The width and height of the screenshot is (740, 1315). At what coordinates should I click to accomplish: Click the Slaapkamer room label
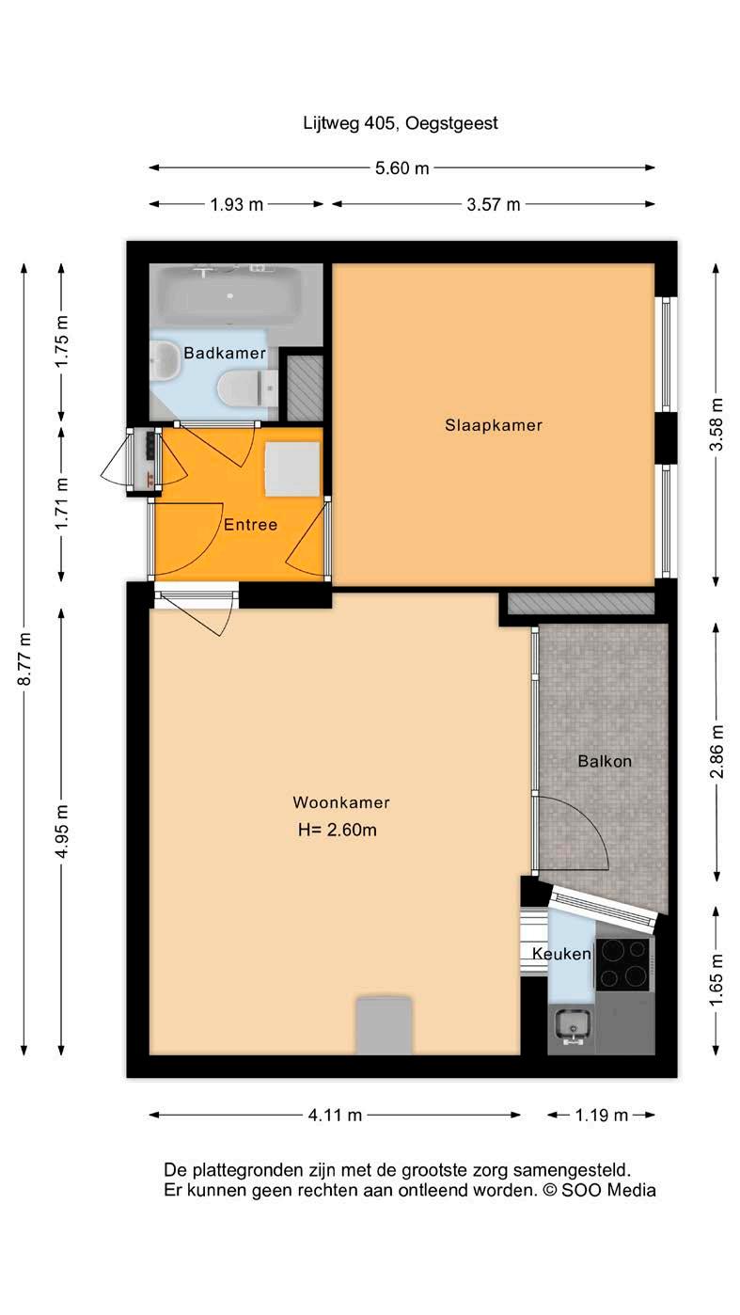pos(493,425)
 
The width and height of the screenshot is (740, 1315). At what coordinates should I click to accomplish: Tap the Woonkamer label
pos(341,802)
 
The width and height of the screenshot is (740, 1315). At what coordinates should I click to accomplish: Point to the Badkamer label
pos(225,353)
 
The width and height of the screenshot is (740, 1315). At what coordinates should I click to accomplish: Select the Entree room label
pos(250,524)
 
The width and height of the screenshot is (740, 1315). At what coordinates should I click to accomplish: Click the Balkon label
pos(605,761)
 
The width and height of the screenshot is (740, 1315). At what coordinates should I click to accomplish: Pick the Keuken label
pos(561,954)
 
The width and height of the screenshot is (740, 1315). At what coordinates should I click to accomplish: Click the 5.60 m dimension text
pos(402,168)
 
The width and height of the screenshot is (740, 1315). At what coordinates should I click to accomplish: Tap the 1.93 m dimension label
pos(237,204)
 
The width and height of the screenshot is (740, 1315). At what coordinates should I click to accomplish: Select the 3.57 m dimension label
pos(493,204)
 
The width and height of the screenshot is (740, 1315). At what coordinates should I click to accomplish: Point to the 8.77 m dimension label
pos(24,658)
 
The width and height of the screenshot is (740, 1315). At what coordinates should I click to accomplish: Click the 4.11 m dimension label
pos(335,1115)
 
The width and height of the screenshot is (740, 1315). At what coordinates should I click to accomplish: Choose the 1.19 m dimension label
pos(602,1115)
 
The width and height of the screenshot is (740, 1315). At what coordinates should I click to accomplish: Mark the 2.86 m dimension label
pos(716,752)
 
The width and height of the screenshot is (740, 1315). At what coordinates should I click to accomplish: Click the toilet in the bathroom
pos(247,388)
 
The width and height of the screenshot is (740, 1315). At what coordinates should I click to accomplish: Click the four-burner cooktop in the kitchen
pos(622,964)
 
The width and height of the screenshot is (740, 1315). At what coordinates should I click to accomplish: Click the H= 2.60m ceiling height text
pos(338,830)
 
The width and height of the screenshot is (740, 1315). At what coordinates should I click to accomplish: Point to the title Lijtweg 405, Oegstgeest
pos(401,123)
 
